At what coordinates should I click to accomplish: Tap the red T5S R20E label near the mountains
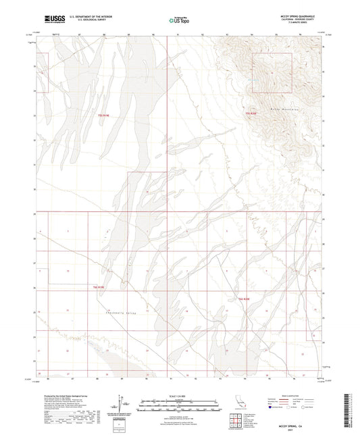pyautogui.click(x=251, y=114)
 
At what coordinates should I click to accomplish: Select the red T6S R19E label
pyautogui.click(x=99, y=288)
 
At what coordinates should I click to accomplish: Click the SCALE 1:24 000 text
pyautogui.click(x=179, y=396)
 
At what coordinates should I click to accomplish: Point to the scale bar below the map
pyautogui.click(x=179, y=403)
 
